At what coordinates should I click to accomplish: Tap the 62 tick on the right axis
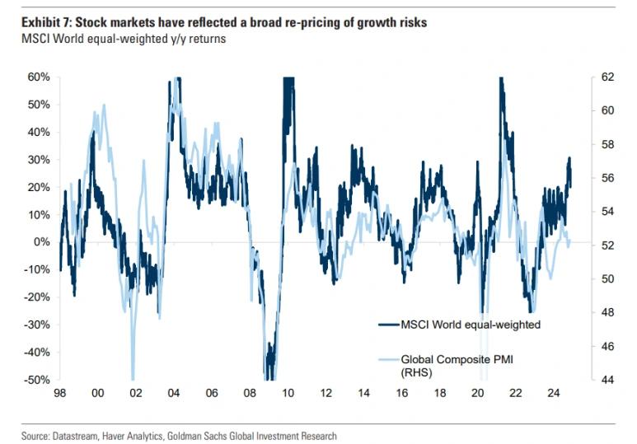coord(608,77)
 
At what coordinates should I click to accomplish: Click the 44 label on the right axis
coord(608,380)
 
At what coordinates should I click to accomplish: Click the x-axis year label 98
coord(59,394)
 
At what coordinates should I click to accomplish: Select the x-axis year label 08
coord(250,394)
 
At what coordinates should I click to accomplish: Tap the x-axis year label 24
coord(555,394)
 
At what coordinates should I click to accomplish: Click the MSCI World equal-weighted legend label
coord(471,325)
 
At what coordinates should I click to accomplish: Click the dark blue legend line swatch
coord(387,325)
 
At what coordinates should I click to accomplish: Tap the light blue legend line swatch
coord(387,358)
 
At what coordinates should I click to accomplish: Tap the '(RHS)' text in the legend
coord(416,372)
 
